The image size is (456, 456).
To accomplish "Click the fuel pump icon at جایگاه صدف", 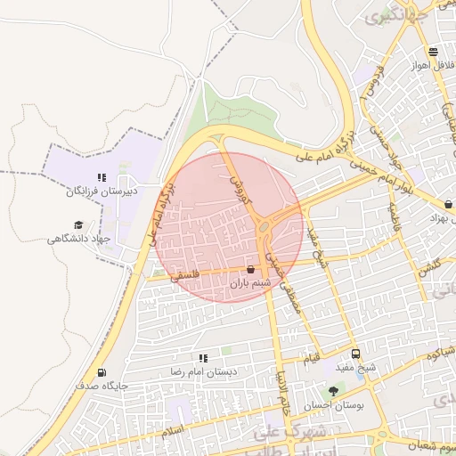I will (x=101, y=373).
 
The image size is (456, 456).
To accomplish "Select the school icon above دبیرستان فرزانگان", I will (x=102, y=177).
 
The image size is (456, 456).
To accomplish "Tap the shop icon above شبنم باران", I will (x=250, y=269).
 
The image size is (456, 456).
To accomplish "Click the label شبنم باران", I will (x=250, y=283).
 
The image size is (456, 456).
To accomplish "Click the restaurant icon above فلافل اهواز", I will (x=433, y=52).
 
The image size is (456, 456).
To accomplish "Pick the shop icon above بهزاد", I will (x=448, y=204).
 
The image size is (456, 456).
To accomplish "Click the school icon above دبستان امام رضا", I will (x=203, y=358).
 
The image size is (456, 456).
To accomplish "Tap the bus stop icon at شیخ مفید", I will (x=355, y=354).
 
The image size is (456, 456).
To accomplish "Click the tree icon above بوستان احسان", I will (x=334, y=390).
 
